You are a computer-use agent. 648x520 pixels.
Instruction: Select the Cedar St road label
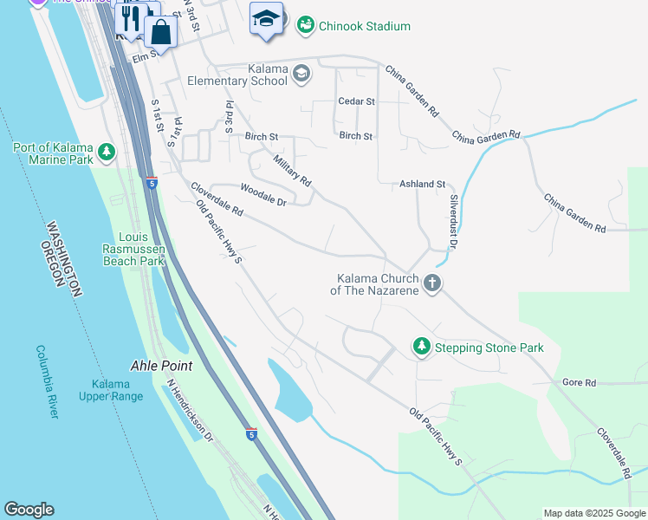[355, 101]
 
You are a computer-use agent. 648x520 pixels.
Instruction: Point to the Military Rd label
[291, 171]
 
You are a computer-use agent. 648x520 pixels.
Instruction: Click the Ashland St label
[422, 185]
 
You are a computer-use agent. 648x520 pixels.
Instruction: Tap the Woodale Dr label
[263, 195]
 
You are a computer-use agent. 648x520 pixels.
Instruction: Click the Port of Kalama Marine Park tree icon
[107, 153]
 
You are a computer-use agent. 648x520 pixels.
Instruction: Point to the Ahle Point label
[161, 366]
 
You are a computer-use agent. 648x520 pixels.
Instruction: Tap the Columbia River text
[48, 381]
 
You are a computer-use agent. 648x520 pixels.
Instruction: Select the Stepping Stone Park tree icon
[421, 348]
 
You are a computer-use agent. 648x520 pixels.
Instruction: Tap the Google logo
[29, 510]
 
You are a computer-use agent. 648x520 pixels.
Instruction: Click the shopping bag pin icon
[161, 32]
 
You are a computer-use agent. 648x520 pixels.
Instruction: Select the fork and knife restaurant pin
[131, 19]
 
